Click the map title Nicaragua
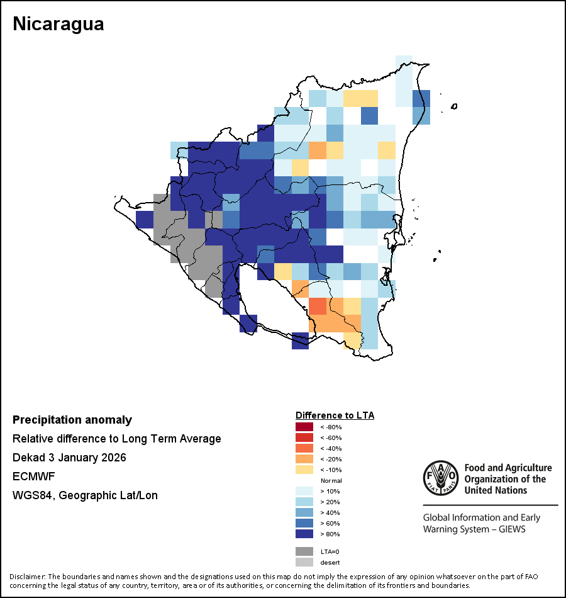pos(58,25)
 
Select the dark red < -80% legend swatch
pos(304,427)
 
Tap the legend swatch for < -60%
pos(304,437)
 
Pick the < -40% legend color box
pos(304,448)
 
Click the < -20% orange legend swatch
pos(304,459)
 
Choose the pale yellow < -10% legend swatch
pos(304,470)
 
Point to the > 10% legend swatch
pos(304,491)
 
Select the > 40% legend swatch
pos(304,512)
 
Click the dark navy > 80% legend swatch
pos(304,534)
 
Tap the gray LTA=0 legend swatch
pos(304,551)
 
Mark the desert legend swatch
pos(304,562)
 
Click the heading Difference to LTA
pos(335,415)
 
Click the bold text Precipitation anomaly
pos(72,420)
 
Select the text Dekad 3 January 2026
pos(69,458)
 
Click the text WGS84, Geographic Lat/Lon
pos(85,495)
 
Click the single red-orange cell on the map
pos(318,307)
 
